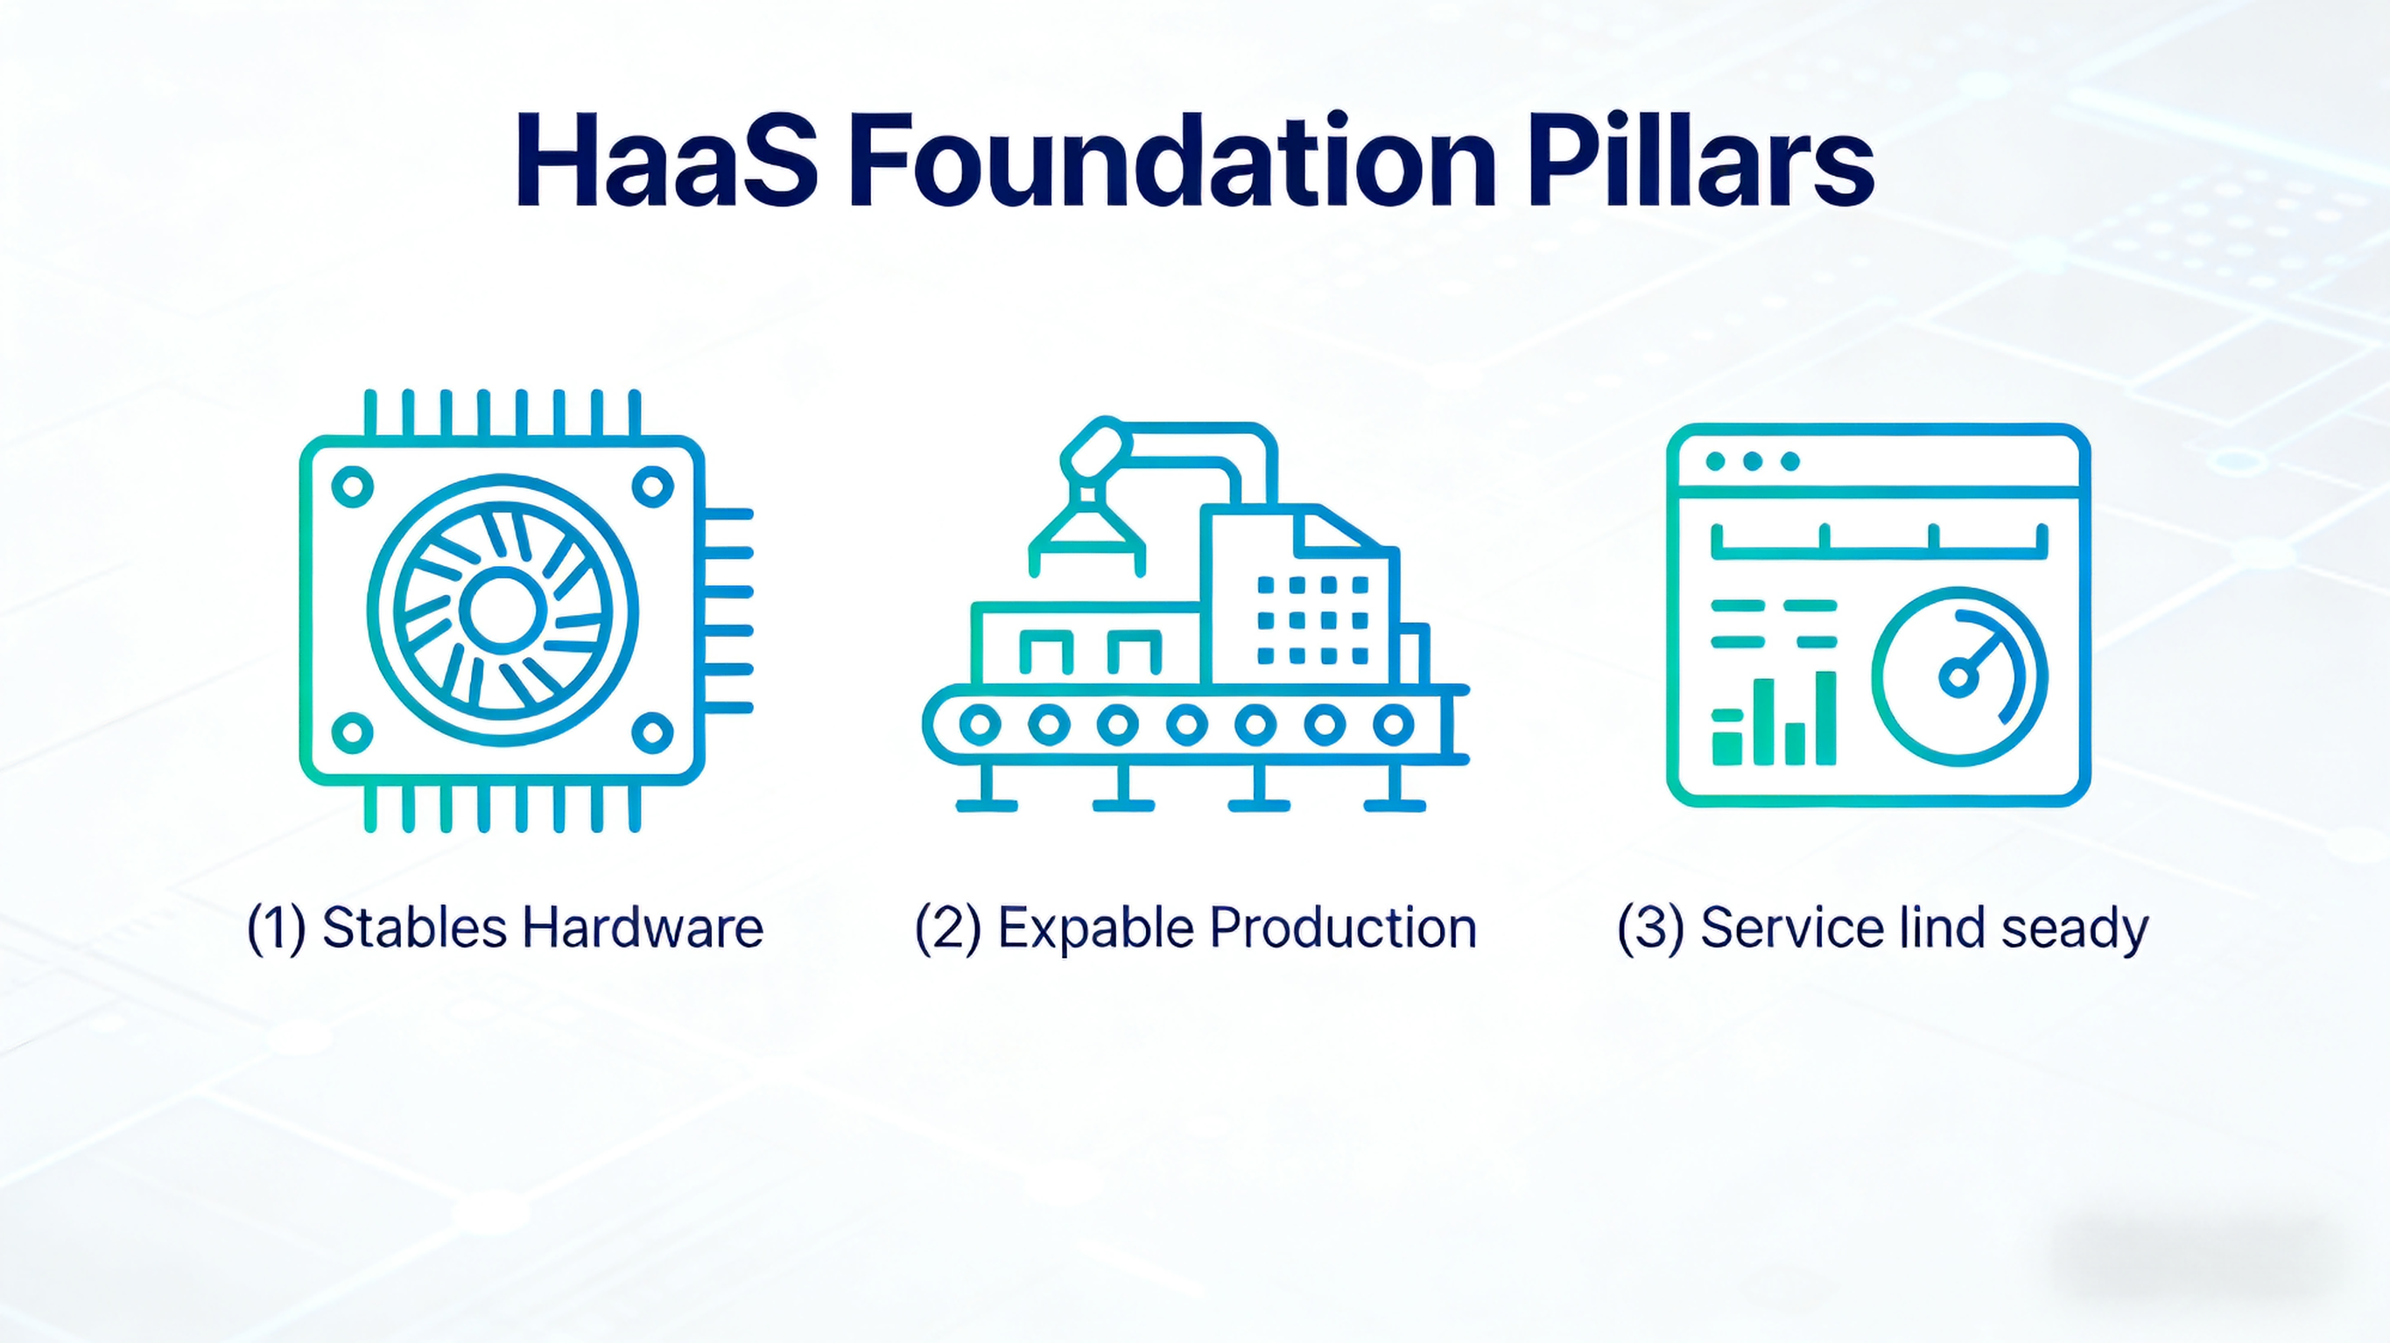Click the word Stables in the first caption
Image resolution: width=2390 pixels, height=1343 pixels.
point(413,927)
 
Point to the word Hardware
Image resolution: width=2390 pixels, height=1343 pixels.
point(642,927)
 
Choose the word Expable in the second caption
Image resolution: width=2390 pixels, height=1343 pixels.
point(1095,927)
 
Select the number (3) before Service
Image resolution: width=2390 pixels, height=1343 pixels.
point(1650,927)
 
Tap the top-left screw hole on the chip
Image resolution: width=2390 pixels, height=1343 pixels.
point(353,486)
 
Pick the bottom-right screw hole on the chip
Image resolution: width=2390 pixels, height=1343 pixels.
point(652,732)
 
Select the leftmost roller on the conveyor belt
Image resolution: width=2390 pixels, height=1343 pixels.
point(980,724)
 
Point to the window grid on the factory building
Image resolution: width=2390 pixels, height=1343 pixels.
point(1313,619)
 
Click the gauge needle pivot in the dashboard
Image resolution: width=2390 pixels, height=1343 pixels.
point(1958,678)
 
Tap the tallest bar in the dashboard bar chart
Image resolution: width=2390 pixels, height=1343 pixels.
point(1825,718)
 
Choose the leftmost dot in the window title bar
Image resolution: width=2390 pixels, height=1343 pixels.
point(1716,461)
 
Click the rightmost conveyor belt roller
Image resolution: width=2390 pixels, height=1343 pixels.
point(1393,724)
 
